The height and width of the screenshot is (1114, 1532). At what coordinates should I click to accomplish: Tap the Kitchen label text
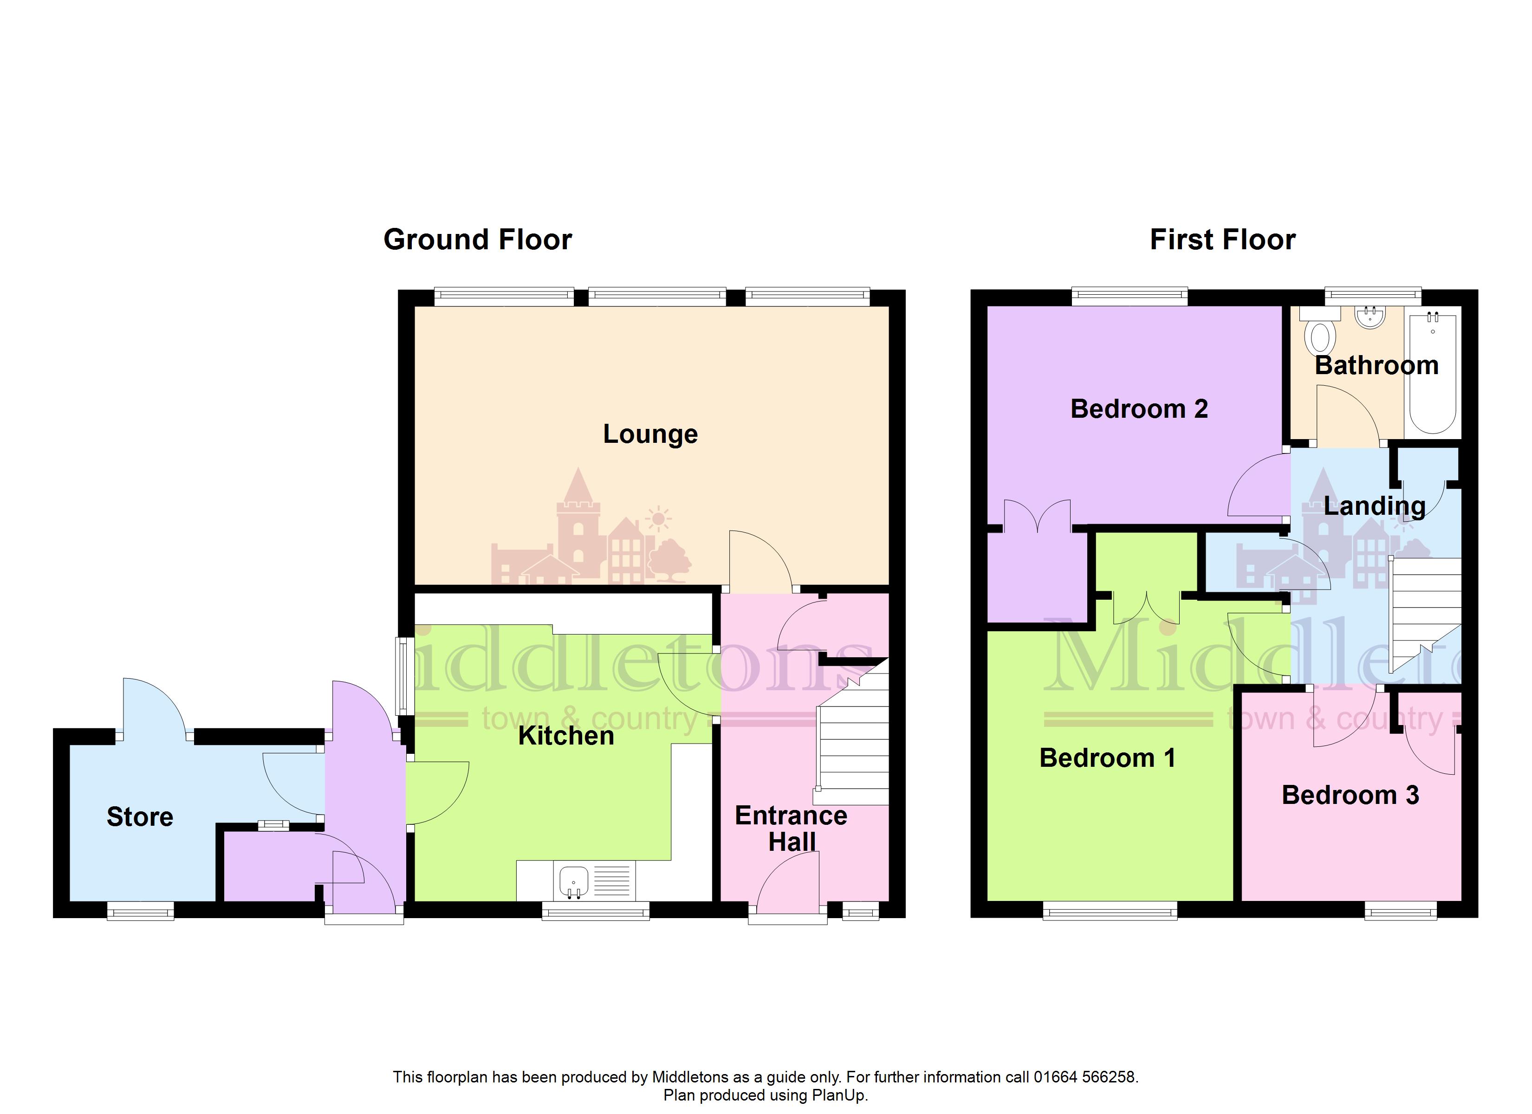click(566, 736)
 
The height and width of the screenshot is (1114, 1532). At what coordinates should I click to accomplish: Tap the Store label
click(140, 817)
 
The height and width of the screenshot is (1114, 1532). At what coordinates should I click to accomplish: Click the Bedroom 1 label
click(1108, 758)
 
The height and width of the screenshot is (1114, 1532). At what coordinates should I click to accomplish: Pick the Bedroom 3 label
click(1350, 795)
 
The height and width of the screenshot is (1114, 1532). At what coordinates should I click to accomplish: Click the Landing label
click(1375, 506)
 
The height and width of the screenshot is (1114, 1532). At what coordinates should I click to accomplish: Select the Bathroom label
click(1376, 365)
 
